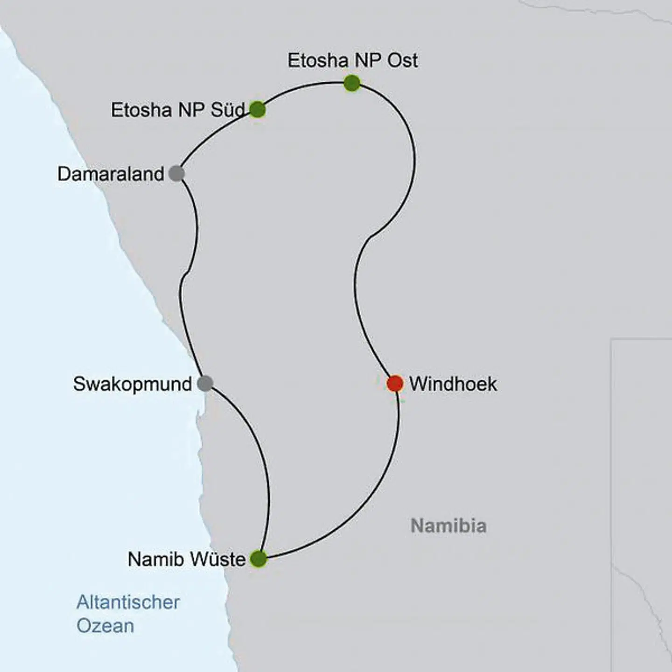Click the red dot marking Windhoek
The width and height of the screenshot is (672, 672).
click(x=395, y=384)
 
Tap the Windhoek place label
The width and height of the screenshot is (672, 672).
click(x=453, y=384)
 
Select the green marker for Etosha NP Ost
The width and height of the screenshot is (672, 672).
click(x=352, y=84)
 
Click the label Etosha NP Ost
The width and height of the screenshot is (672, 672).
click(x=352, y=61)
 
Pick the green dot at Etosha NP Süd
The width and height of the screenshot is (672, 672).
click(x=258, y=110)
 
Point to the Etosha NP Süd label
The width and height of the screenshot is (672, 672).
click(x=177, y=110)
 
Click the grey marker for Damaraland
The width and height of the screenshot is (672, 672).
click(x=176, y=174)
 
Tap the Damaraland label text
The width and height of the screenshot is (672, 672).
click(x=111, y=174)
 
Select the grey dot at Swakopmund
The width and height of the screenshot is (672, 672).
click(x=205, y=384)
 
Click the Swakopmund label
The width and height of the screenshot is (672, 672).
click(x=132, y=384)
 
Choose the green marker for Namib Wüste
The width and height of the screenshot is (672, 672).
click(x=259, y=559)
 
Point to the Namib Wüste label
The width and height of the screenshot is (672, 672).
click(x=186, y=559)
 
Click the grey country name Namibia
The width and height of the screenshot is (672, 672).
click(x=448, y=526)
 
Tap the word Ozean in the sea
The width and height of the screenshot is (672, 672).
click(x=105, y=626)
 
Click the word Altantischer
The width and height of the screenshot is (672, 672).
click(x=128, y=602)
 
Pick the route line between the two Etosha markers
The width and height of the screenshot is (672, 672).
click(x=303, y=87)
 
